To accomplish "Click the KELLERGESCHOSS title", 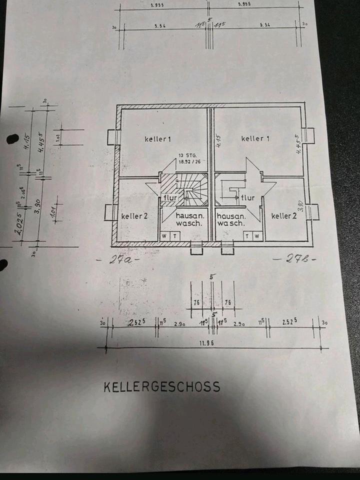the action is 161,386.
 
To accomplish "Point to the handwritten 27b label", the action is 295,259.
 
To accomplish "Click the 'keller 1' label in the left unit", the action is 158,138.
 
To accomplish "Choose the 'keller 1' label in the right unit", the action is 255,138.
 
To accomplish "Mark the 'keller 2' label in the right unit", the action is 284,216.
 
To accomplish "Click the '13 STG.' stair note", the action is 185,155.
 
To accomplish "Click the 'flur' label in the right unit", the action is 247,198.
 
